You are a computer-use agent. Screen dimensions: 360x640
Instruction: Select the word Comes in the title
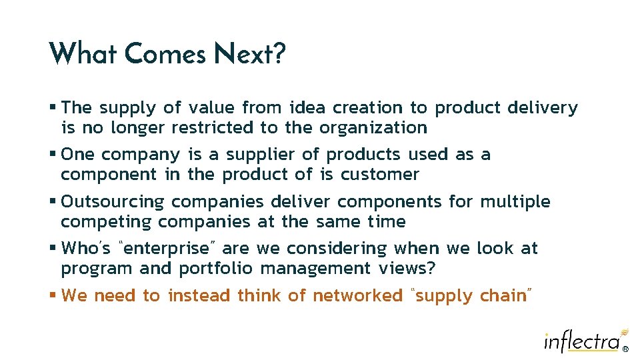click(165, 53)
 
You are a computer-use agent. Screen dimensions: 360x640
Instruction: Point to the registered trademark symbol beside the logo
click(625, 349)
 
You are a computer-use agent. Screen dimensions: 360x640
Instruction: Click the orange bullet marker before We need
click(53, 295)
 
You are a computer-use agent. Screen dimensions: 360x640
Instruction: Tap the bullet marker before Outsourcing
click(53, 201)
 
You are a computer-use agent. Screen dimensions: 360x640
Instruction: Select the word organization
click(373, 127)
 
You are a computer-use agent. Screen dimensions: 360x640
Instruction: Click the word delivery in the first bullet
click(543, 107)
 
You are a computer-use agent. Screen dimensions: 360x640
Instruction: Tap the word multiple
click(515, 201)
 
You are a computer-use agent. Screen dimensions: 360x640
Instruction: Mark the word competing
click(107, 221)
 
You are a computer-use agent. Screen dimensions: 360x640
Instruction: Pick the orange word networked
click(357, 295)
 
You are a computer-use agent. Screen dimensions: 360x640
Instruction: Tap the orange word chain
click(503, 295)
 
